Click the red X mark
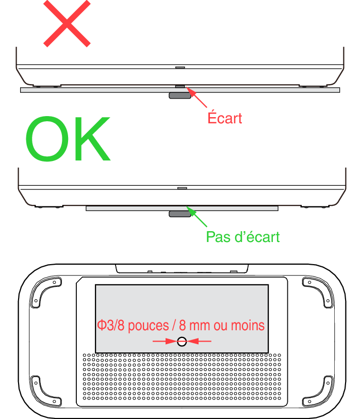pos(67,24)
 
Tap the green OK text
pos(68,139)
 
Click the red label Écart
pos(225,118)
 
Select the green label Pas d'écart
pos(243,237)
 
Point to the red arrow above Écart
pos(197,97)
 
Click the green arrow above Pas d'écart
pos(197,216)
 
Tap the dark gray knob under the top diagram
pos(180,95)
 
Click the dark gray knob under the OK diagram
pos(180,214)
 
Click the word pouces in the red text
pos(149,326)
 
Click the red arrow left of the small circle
pos(165,341)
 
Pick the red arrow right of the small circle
pos(199,341)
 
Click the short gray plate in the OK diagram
pos(182,208)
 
